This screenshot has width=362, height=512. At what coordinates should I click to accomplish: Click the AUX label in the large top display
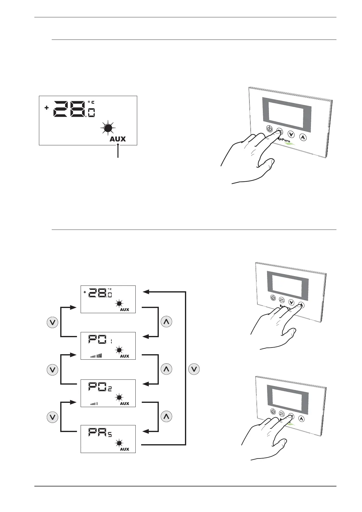(x=118, y=139)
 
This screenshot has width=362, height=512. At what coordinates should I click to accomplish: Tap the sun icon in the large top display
(x=108, y=129)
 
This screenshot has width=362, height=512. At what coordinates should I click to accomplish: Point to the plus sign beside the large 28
(x=47, y=108)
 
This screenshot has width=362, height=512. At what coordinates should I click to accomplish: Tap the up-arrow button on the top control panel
(x=303, y=137)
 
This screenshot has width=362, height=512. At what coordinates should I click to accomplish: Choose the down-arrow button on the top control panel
(x=291, y=134)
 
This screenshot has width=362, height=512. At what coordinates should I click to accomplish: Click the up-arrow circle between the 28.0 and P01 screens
(x=166, y=322)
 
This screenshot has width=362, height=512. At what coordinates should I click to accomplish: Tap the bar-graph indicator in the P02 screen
(x=94, y=404)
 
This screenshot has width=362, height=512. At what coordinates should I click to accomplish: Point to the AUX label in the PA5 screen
(x=124, y=449)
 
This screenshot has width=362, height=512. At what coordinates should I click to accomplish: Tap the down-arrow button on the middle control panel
(x=291, y=302)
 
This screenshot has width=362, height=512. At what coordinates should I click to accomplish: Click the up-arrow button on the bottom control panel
(x=301, y=419)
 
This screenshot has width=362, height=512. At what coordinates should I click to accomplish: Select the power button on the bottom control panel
(x=273, y=411)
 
